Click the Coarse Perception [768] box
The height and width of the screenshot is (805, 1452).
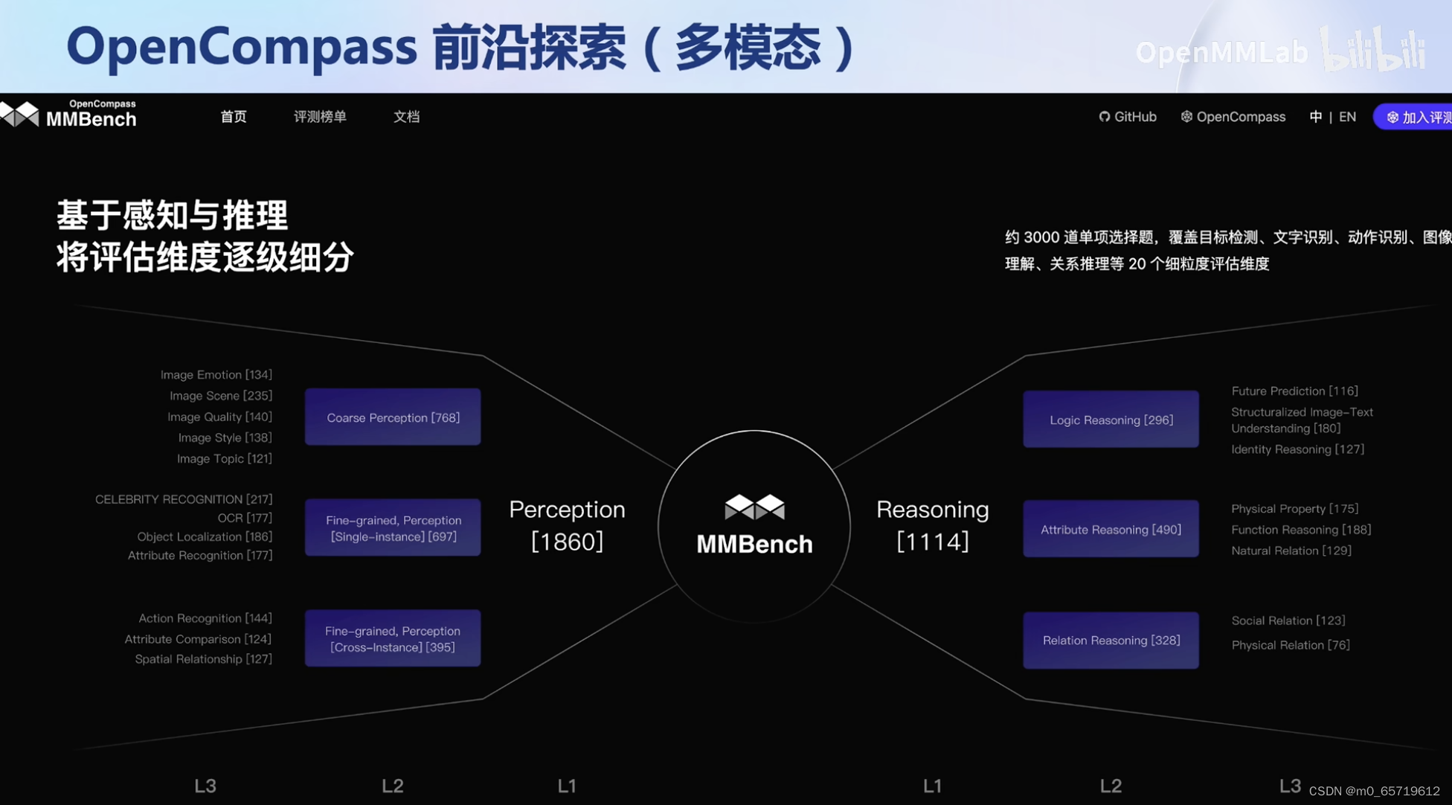coord(393,417)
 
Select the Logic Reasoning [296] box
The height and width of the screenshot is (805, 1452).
coord(1111,420)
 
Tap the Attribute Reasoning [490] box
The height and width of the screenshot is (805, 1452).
coord(1111,529)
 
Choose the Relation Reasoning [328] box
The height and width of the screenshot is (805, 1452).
coord(1111,640)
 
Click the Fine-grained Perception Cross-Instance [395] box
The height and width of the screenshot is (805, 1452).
coord(393,638)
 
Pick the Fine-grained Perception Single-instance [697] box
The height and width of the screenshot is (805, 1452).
coord(393,527)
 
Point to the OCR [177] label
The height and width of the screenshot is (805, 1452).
coord(245,518)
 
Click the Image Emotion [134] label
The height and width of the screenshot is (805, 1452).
coord(216,374)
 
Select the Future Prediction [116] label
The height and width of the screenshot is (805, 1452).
coord(1294,391)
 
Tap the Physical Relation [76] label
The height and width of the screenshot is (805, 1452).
coord(1290,644)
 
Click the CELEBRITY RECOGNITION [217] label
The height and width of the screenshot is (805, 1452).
coord(184,498)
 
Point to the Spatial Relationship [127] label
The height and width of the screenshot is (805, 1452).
coord(203,658)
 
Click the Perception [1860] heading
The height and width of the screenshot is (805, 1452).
coord(567,525)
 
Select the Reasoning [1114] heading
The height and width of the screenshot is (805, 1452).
coord(932,525)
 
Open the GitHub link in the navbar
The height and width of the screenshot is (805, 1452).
coord(1128,117)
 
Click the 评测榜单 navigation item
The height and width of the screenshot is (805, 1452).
coord(320,117)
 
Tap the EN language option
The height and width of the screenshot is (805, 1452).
coord(1347,117)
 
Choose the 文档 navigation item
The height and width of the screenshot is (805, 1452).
coord(406,117)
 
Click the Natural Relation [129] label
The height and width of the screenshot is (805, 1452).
coord(1291,551)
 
